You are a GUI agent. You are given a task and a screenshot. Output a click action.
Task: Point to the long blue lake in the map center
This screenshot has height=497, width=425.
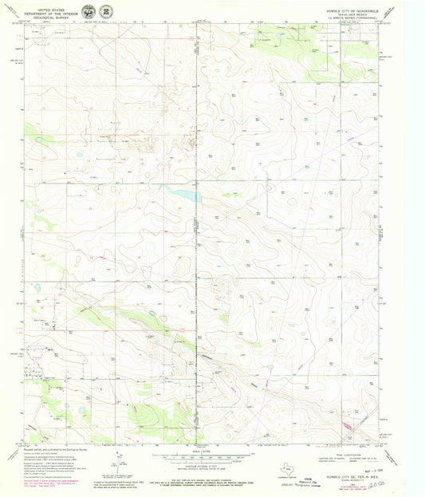(x=182, y=193)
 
